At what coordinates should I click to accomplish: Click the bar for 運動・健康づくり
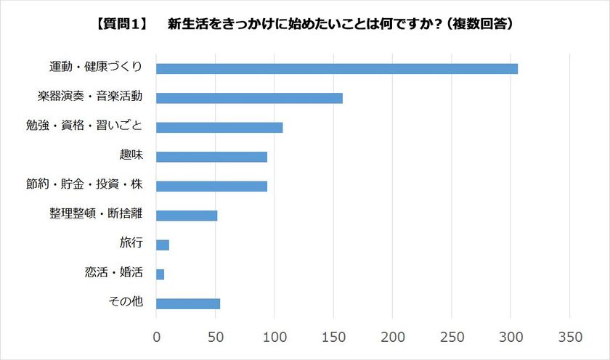(337, 69)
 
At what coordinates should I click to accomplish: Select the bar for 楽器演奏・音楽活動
(249, 98)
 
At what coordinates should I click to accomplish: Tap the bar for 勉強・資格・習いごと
(219, 128)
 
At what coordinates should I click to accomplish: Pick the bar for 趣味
(211, 157)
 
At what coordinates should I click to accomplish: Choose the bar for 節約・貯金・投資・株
(211, 186)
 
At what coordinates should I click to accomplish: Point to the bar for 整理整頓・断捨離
(187, 216)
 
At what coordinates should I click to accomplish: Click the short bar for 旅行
(163, 245)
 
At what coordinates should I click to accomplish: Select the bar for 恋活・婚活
(160, 274)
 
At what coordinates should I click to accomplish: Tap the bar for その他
(188, 303)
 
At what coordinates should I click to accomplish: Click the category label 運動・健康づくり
(99, 67)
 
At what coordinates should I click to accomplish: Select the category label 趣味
(131, 155)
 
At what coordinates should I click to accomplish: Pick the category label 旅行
(131, 243)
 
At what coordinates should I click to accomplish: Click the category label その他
(125, 302)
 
